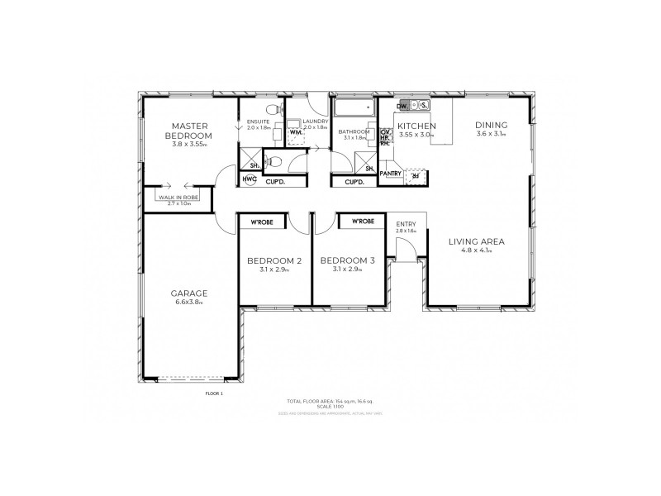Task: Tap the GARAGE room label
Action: tap(189, 293)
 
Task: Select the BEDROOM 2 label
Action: tap(274, 261)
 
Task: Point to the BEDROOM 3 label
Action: tap(348, 261)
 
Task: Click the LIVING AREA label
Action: tap(476, 241)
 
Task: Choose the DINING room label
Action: tap(491, 126)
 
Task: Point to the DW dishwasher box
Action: tap(402, 106)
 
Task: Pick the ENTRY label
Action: tap(406, 224)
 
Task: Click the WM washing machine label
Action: tap(294, 132)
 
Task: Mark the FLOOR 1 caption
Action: tap(214, 393)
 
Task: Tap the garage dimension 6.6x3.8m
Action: tap(189, 303)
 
